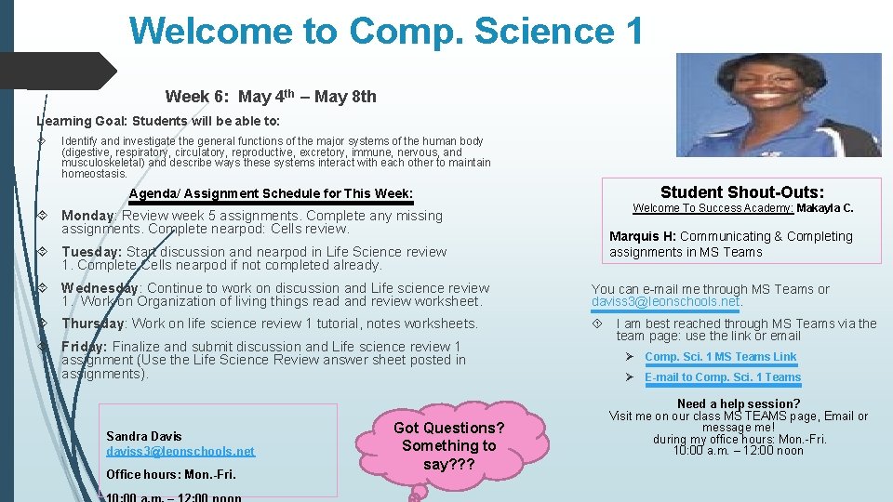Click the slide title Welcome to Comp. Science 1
[386, 31]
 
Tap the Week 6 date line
[271, 97]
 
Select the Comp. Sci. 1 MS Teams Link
[720, 357]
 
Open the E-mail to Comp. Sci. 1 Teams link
[722, 377]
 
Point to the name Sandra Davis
[144, 436]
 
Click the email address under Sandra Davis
[180, 451]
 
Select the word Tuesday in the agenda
[89, 252]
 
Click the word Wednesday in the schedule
[100, 288]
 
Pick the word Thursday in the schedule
[92, 324]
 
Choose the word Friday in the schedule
[82, 347]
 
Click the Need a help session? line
[739, 403]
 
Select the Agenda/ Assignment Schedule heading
[271, 193]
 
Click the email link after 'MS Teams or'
[666, 302]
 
